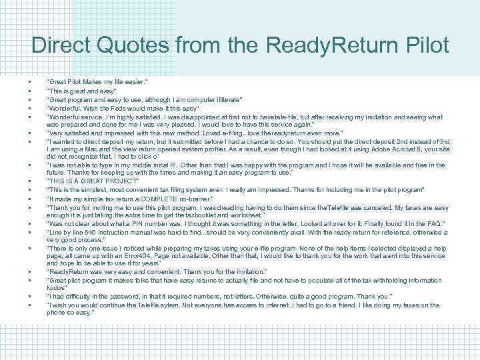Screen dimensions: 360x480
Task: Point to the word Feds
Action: (x=132, y=108)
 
